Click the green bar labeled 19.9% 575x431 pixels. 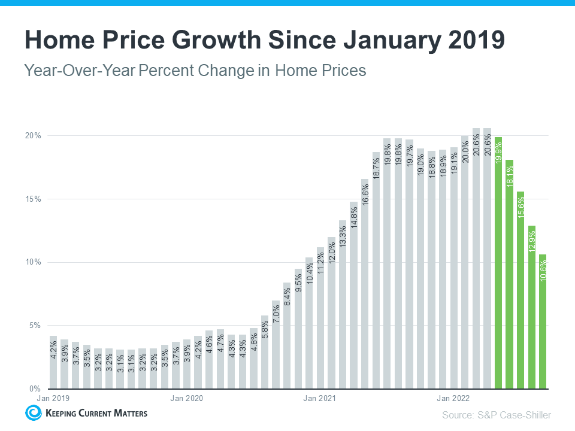tap(498, 263)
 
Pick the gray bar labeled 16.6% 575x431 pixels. tap(365, 284)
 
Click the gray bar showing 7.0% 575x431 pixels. tap(276, 345)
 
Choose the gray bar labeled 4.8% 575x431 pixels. tap(253, 359)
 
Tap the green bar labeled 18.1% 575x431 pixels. tap(509, 275)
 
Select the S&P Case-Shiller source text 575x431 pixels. tap(497, 414)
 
